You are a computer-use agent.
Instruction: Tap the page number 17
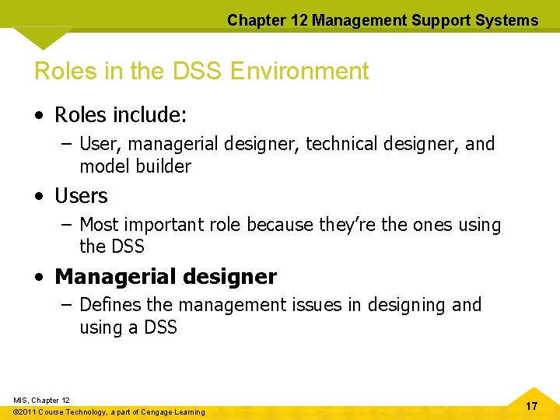click(531, 406)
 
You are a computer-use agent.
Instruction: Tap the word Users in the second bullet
click(81, 196)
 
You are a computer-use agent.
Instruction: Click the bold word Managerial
click(110, 277)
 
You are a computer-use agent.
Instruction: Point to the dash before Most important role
click(67, 225)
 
